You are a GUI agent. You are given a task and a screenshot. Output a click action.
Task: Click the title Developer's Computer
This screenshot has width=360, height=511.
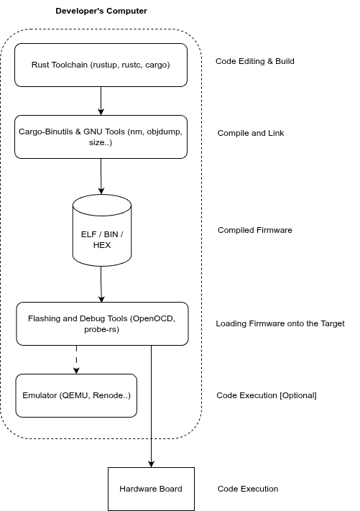click(x=101, y=11)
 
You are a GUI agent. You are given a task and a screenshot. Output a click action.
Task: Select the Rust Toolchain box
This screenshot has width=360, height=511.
click(x=101, y=65)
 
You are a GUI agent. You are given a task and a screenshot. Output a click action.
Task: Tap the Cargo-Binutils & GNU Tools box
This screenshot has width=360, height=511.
click(x=101, y=137)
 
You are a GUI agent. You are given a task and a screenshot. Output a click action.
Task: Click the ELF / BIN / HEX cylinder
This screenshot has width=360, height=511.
click(x=102, y=231)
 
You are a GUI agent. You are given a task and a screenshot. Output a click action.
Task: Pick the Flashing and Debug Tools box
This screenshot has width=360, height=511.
click(x=102, y=323)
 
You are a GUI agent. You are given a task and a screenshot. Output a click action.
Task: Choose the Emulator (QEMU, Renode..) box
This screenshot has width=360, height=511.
click(x=76, y=395)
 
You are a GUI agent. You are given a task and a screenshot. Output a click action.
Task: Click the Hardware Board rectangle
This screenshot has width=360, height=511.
click(x=151, y=489)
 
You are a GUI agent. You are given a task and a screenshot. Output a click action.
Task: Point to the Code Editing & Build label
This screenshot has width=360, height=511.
click(x=255, y=61)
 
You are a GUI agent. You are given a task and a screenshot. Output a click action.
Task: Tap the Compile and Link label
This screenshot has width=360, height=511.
click(x=251, y=133)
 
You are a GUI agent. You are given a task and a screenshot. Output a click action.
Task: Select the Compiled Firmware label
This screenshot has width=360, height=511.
click(x=255, y=230)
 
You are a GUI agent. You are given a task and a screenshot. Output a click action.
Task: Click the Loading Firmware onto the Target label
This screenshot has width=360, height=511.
click(x=280, y=323)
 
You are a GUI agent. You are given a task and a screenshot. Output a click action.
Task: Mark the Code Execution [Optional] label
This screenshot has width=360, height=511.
click(x=266, y=395)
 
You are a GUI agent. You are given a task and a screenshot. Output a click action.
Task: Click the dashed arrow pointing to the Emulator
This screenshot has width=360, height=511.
click(x=76, y=359)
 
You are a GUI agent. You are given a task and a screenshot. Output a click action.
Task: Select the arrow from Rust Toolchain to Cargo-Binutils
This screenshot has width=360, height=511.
click(x=101, y=101)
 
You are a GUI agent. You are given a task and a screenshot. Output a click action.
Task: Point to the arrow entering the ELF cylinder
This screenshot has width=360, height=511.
click(x=101, y=176)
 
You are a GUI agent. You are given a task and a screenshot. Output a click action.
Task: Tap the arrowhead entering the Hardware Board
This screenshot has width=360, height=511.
click(x=151, y=464)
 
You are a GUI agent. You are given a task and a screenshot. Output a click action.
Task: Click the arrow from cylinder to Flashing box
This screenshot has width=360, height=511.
click(x=101, y=284)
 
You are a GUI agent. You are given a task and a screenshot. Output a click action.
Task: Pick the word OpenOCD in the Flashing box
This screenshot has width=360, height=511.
click(x=152, y=318)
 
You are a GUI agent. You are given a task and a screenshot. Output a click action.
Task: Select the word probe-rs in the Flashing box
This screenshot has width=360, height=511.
click(x=101, y=329)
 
